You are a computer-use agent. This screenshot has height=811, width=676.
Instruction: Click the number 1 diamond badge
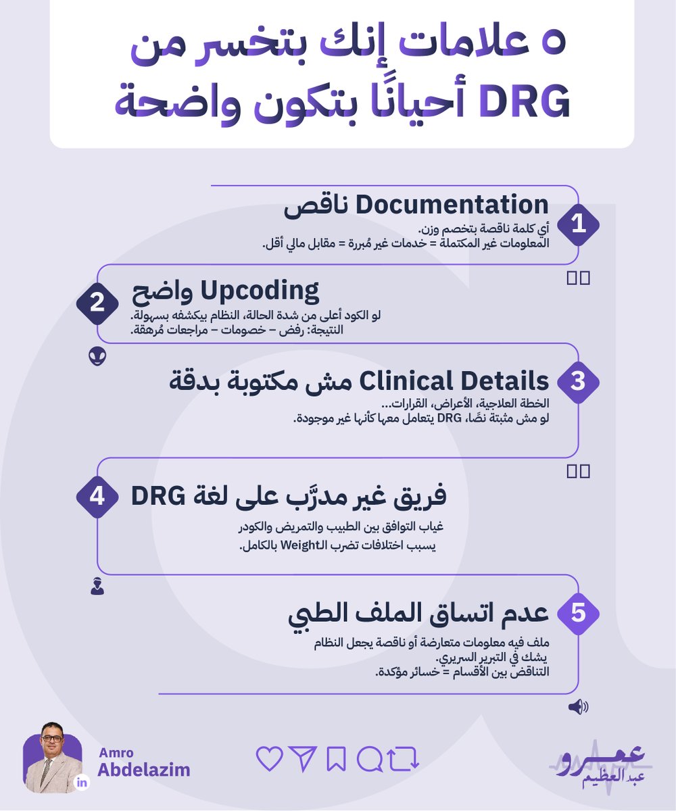578,224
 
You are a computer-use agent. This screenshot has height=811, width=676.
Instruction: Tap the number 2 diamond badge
97,303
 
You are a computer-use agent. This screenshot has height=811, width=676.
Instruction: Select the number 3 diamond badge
578,381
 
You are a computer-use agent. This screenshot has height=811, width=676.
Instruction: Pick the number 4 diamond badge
97,497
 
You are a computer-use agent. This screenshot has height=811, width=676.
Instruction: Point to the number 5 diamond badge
578,613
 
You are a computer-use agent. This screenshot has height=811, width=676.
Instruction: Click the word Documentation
452,205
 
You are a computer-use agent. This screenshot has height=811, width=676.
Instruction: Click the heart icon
270,760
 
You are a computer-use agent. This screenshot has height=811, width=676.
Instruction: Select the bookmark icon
336,760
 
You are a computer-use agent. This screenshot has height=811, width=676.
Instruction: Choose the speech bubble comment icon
369,760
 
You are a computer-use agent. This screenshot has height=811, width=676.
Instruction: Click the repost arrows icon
404,760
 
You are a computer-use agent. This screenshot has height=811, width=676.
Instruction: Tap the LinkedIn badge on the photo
82,783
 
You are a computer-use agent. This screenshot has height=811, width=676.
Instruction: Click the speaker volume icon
578,708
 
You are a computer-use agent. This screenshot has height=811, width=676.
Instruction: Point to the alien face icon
97,356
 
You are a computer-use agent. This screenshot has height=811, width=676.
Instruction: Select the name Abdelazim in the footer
144,770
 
